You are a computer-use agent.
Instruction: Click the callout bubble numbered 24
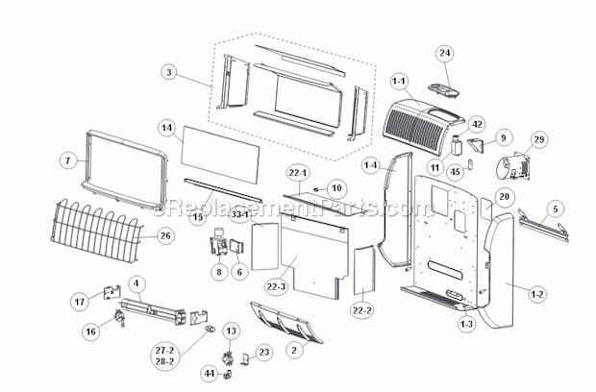pyautogui.click(x=444, y=52)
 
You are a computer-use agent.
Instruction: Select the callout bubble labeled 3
pyautogui.click(x=169, y=72)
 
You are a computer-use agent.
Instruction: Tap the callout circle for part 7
pyautogui.click(x=68, y=161)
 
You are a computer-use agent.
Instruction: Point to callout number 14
pyautogui.click(x=166, y=127)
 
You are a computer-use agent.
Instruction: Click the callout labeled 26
pyautogui.click(x=164, y=235)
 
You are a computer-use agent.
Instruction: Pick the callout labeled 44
pyautogui.click(x=210, y=373)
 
